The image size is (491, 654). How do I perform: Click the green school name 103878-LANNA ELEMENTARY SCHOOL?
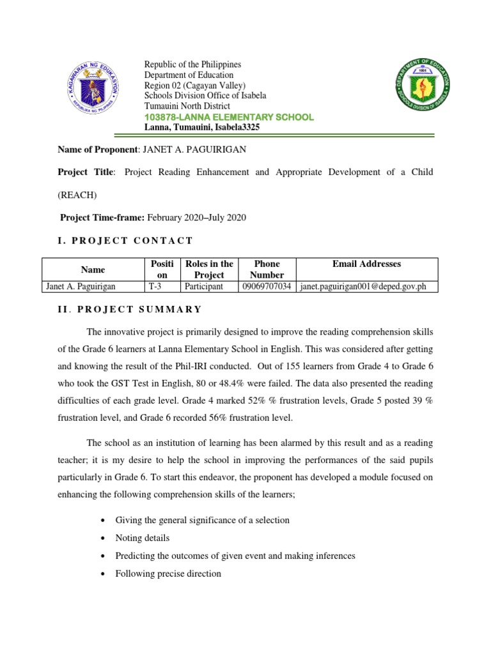[x=229, y=117]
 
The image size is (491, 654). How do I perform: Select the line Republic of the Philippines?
[x=192, y=65]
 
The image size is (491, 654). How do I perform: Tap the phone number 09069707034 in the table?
[x=267, y=287]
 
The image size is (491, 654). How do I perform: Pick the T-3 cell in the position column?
[x=155, y=287]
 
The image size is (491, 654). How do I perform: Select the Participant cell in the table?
[x=203, y=287]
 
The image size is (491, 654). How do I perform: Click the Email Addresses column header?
[x=367, y=264]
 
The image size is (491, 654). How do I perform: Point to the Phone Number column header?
[x=267, y=270]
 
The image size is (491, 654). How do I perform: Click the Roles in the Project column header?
[x=208, y=270]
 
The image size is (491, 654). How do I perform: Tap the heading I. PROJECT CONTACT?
[x=125, y=240]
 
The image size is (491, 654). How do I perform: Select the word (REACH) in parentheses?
[x=77, y=195]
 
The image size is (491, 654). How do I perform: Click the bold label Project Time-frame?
[x=102, y=217]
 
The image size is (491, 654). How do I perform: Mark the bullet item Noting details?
[x=142, y=538]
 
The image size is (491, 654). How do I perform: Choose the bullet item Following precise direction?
[x=168, y=574]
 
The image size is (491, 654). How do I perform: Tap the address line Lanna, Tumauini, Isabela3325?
[x=202, y=127]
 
